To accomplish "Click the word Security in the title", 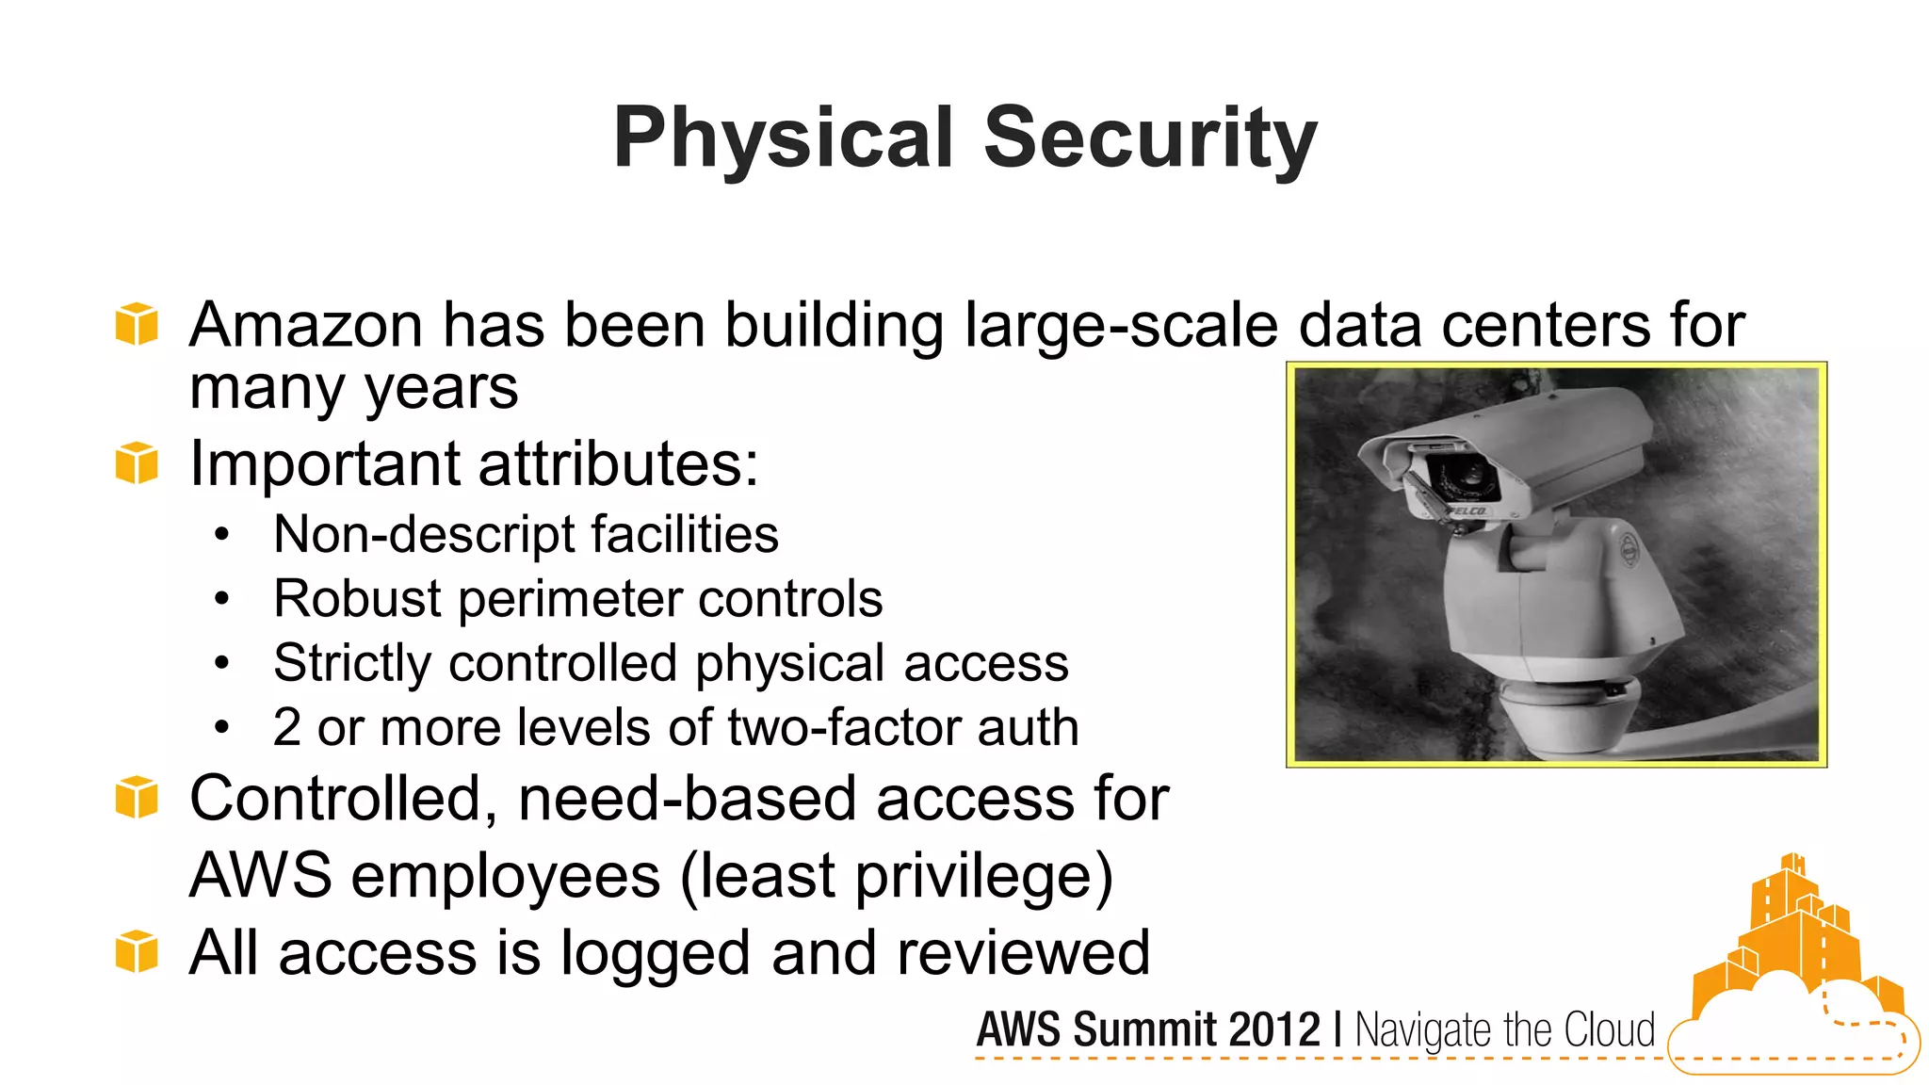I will (1150, 138).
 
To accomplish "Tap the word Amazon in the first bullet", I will (305, 326).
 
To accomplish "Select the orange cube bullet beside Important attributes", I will (137, 462).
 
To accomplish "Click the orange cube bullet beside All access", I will (137, 951).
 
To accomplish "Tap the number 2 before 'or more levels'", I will (287, 728).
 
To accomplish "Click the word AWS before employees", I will (261, 875).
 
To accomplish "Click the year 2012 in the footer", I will (1273, 1029).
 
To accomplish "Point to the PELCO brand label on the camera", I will (1466, 510).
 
